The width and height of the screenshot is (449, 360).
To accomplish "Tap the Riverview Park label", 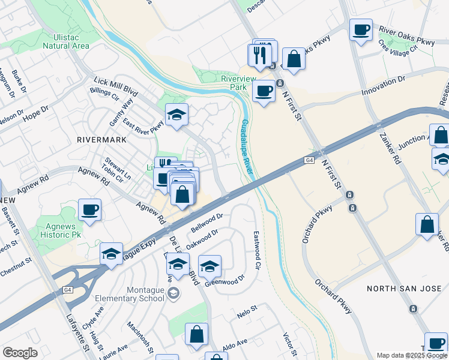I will (x=238, y=83).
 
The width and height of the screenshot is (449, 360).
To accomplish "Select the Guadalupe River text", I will (x=247, y=148).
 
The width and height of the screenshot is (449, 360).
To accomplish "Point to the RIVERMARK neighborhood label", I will (x=101, y=139).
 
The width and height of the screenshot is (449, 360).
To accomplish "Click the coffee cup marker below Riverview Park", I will (x=264, y=92).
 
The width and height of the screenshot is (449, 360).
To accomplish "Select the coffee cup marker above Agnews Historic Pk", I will (x=89, y=211).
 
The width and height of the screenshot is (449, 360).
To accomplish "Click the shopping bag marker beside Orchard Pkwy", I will (x=426, y=226).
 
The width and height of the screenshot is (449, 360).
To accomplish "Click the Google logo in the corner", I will (x=20, y=353).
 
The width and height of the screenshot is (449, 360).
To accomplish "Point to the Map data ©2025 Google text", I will (x=411, y=355).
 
